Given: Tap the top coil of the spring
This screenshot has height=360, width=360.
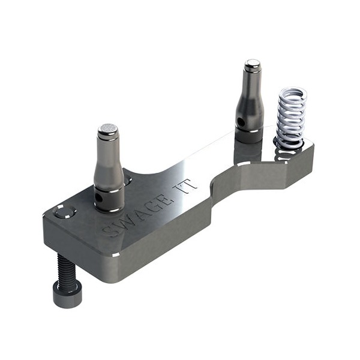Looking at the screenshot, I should pyautogui.click(x=293, y=94).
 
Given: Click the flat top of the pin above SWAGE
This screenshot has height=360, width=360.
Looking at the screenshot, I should pyautogui.click(x=108, y=128).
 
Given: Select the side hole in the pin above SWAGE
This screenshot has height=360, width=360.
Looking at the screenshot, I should pyautogui.click(x=98, y=196).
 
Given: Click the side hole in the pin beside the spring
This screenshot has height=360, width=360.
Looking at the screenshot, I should pyautogui.click(x=241, y=122).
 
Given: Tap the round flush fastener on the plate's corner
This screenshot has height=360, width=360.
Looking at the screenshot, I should pyautogui.click(x=64, y=212).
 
